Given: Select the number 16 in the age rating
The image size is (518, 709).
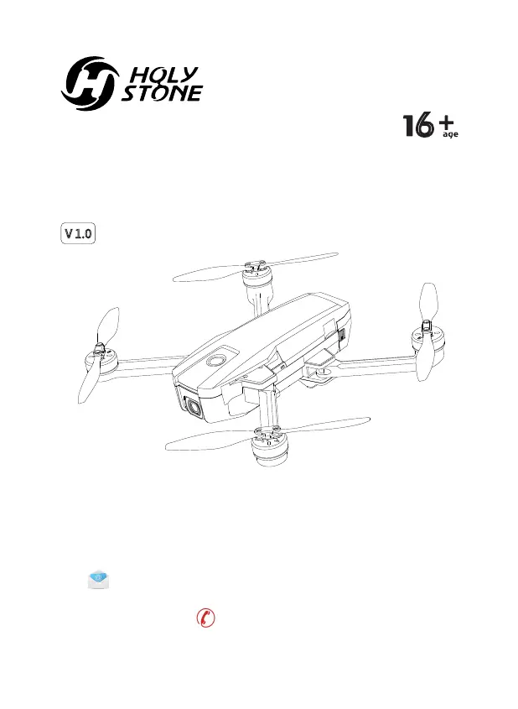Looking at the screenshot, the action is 418,125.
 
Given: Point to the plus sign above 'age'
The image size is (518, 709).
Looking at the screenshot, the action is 448,123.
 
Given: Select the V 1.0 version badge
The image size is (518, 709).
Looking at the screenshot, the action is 77,232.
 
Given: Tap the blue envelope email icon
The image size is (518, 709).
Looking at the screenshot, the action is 99,578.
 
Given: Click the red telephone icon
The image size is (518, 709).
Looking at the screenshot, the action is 205,618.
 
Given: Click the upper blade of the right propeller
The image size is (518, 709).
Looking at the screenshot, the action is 427,303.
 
